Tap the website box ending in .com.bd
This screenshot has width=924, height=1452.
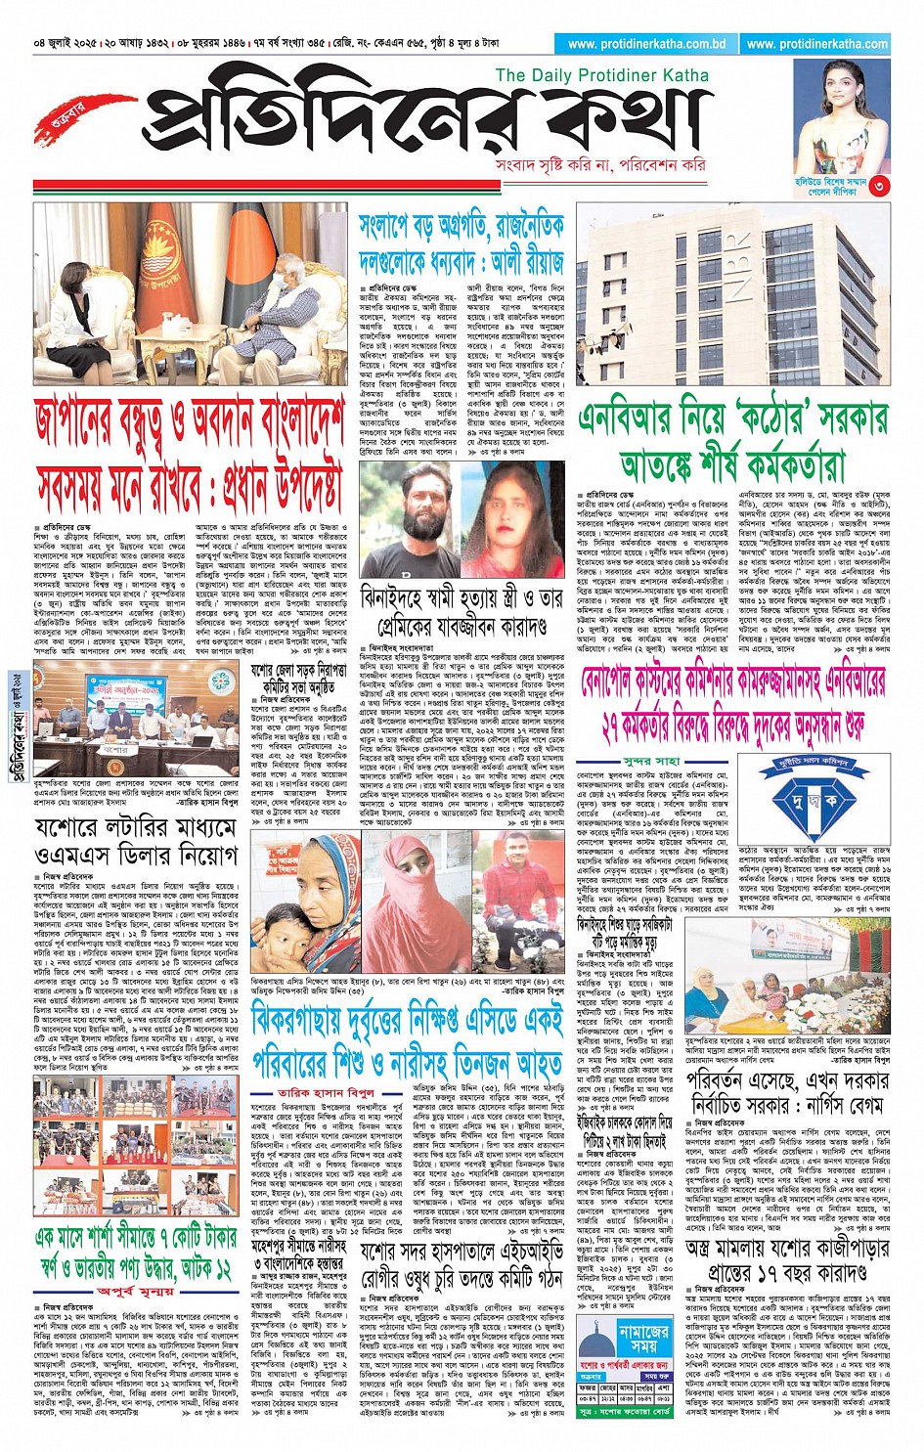pyautogui.click(x=646, y=44)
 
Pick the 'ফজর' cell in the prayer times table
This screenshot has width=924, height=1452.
pyautogui.click(x=587, y=1387)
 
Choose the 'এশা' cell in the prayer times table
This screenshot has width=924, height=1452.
pyautogui.click(x=664, y=1387)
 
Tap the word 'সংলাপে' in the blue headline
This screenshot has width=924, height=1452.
pyautogui.click(x=392, y=228)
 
